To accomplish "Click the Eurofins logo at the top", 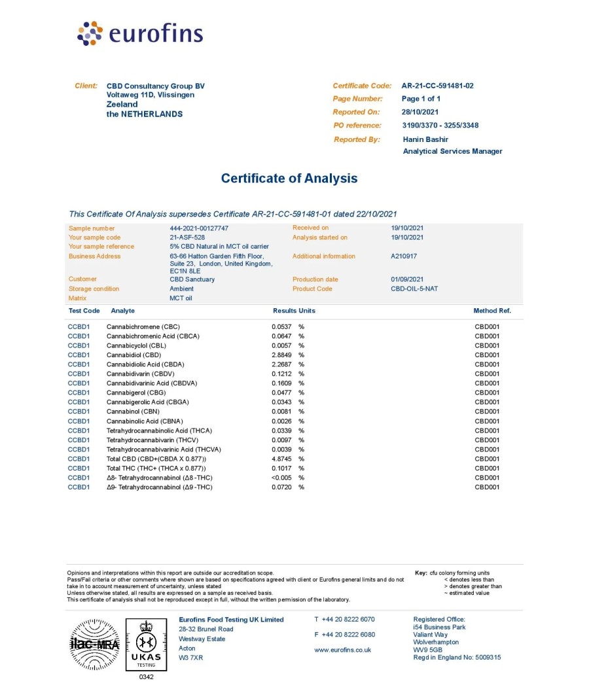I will pos(140,33).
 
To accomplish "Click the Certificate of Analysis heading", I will pos(289,178).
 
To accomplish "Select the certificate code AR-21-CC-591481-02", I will pos(437,86).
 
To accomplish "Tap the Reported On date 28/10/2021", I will pos(420,112).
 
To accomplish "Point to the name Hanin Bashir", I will pos(425,139).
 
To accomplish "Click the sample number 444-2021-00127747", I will pos(199,228).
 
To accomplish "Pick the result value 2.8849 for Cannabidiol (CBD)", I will pos(283,355).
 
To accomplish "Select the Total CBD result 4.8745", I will pos(283,459).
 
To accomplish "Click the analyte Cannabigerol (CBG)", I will pos(133,393).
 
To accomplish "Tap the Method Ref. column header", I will pos(492,311).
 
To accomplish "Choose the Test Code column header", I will pos(84,311).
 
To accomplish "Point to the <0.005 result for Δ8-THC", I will pos(282,478).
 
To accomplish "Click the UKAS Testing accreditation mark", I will pos(146,644).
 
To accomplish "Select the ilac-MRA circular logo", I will pos(94,644).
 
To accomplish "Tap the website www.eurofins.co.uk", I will pos(342,650).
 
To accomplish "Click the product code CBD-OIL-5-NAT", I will pos(414,289).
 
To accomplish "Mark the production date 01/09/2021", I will pos(407,279).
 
